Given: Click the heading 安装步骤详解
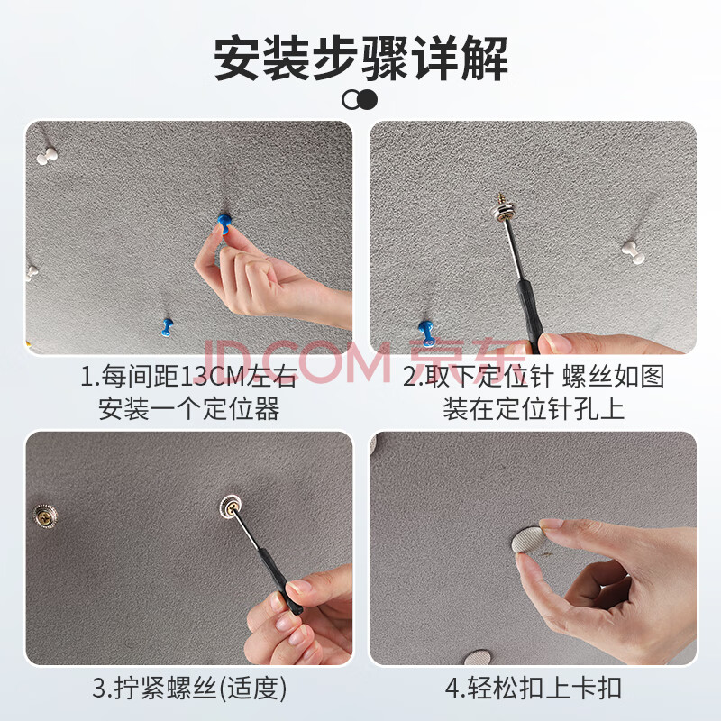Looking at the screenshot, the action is [x=361, y=59].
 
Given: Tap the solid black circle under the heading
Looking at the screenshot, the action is [x=369, y=99].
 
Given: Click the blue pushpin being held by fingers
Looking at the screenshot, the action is [x=224, y=223].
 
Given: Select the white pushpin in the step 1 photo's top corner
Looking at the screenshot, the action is [x=47, y=155].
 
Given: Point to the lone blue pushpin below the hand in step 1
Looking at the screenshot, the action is [x=168, y=326].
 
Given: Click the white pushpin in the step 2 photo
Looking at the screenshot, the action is [x=634, y=252].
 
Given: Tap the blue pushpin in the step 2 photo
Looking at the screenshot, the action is [x=426, y=333].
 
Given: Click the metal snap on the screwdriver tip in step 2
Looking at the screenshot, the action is [x=504, y=209].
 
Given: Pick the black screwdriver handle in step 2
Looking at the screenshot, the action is [x=530, y=314].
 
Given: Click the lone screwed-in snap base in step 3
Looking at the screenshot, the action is [x=46, y=516].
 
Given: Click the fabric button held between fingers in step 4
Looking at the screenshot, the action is [x=529, y=540].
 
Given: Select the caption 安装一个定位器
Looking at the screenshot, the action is [x=189, y=408].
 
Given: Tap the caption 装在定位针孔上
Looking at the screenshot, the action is [x=534, y=408].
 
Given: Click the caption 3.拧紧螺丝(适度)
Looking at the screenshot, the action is [x=189, y=688].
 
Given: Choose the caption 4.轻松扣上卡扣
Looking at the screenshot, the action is [x=534, y=688].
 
